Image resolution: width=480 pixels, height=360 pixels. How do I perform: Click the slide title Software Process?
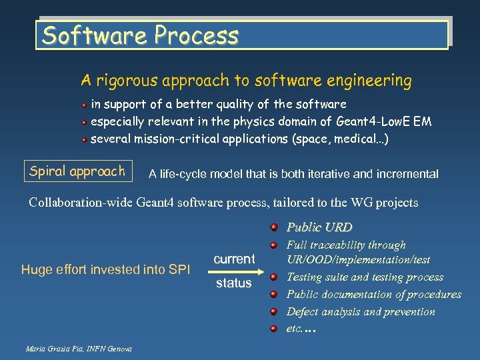click(140, 35)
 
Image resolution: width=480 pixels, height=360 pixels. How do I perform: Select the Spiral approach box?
click(77, 171)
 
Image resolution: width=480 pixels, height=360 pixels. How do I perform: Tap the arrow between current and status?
click(233, 271)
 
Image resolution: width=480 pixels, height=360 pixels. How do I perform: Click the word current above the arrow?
click(234, 259)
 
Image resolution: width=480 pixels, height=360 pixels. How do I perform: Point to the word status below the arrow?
click(233, 284)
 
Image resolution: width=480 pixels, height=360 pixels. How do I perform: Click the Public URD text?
click(319, 227)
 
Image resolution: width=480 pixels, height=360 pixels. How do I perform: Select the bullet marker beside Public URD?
click(275, 227)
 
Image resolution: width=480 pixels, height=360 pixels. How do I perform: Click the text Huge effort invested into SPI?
click(105, 269)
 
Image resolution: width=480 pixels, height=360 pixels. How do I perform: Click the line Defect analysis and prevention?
click(360, 311)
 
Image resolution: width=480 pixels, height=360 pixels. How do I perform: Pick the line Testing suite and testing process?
click(365, 277)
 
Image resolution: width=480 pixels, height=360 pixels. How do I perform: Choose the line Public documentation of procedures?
click(373, 294)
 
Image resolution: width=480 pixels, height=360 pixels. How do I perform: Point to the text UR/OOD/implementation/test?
click(358, 259)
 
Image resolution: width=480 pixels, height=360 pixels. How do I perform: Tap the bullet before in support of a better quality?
click(85, 105)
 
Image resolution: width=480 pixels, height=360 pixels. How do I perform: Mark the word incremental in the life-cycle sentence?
click(406, 174)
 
